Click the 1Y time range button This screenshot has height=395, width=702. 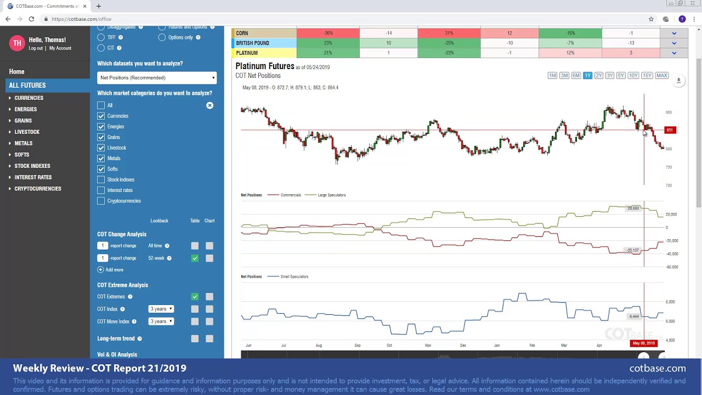[587, 76]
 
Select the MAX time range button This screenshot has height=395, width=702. [661, 76]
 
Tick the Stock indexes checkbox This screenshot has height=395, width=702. [101, 179]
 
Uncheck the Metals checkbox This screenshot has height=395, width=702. [101, 159]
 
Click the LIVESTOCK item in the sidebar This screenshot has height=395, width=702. [27, 132]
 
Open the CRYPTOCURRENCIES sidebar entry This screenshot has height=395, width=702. [38, 189]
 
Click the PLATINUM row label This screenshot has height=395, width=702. [247, 53]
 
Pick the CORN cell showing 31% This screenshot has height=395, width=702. [449, 33]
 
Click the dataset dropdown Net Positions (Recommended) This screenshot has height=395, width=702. [157, 78]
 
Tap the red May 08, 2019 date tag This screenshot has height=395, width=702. [643, 343]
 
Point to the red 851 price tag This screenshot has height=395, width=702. [670, 130]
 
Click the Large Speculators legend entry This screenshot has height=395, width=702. [331, 195]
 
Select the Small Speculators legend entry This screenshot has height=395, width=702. [294, 276]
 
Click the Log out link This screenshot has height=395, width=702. [36, 48]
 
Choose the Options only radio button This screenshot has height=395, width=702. [162, 37]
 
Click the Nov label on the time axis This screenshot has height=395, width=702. [428, 346]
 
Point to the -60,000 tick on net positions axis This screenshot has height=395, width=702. [671, 267]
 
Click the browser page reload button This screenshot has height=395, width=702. [31, 19]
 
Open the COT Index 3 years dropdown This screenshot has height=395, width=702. [161, 309]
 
